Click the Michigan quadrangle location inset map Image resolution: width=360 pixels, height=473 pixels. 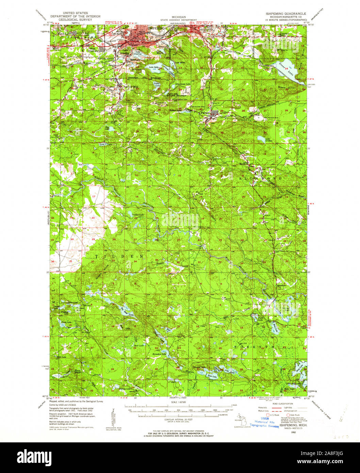pyautogui.click(x=240, y=421)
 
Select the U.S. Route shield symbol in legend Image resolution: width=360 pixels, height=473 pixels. pyautogui.click(x=267, y=415)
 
